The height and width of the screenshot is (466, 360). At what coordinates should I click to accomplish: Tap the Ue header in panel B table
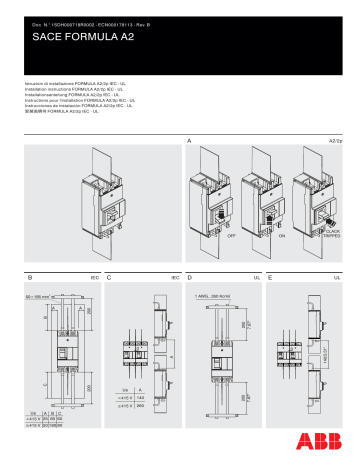point(35,412)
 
